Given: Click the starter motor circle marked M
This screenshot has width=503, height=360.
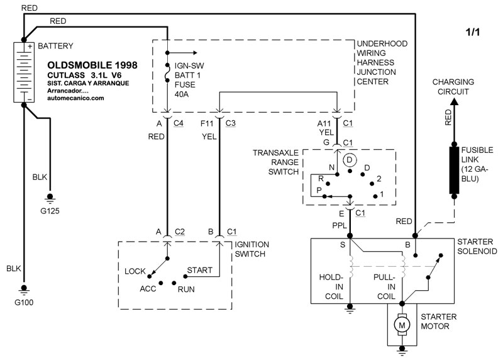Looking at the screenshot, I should [x=401, y=325].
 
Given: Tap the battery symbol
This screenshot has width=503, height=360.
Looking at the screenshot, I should [x=24, y=73].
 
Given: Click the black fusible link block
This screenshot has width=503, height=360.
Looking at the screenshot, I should [x=454, y=170].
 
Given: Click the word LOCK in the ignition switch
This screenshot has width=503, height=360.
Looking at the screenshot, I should [x=135, y=271].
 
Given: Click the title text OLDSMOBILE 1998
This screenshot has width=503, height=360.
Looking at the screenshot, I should [x=93, y=65].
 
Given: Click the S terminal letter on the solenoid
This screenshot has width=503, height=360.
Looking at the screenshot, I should [x=343, y=244].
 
